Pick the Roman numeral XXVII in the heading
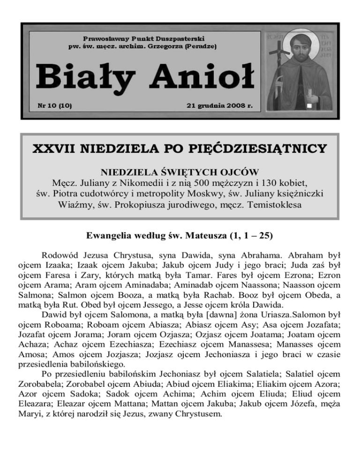tap(54, 149)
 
